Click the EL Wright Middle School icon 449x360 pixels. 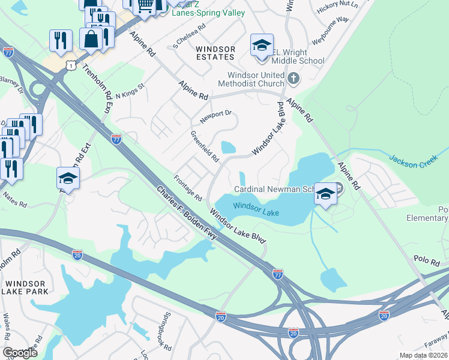pos(262,46)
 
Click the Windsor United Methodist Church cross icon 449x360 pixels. pos(294,78)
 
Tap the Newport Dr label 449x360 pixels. pos(216,115)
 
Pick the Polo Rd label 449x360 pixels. pos(427,260)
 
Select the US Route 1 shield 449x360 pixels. pos(71,64)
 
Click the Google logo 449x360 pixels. pos(20,353)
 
